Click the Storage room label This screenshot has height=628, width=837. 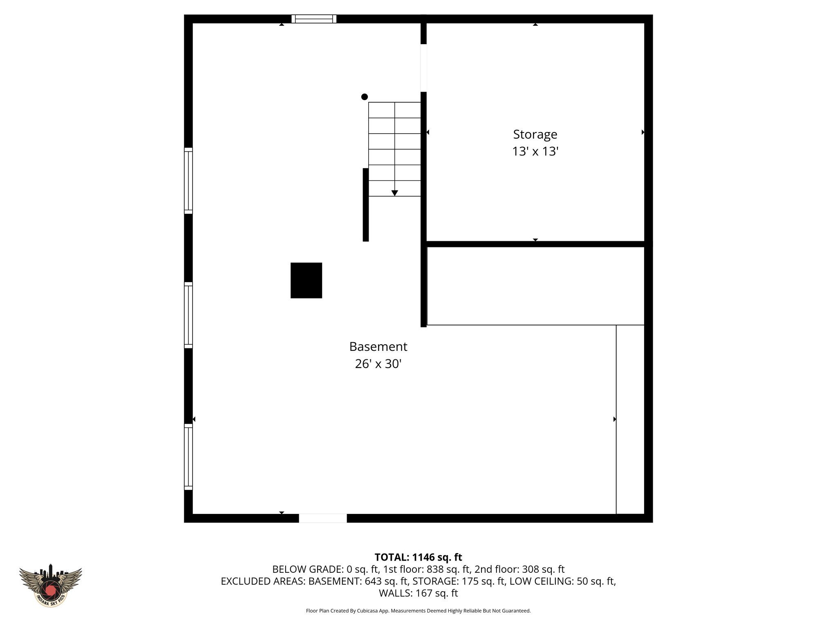pyautogui.click(x=535, y=134)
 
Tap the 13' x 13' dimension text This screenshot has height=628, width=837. pyautogui.click(x=535, y=152)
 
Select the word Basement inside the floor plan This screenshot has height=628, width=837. pyautogui.click(x=378, y=347)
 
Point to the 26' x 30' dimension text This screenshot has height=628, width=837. pyautogui.click(x=378, y=364)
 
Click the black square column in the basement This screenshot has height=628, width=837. pyautogui.click(x=306, y=280)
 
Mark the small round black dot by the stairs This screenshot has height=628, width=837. pyautogui.click(x=365, y=97)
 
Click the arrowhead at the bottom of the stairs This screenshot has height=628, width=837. pyautogui.click(x=395, y=193)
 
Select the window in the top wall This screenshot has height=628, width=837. pyautogui.click(x=314, y=19)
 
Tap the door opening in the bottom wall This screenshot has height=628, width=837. pyautogui.click(x=323, y=518)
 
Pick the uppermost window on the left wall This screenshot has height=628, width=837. pyautogui.click(x=188, y=181)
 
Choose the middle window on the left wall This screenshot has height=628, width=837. pyautogui.click(x=188, y=315)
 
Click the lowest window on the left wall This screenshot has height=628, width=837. pyautogui.click(x=188, y=457)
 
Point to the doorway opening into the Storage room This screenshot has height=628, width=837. pyautogui.click(x=424, y=68)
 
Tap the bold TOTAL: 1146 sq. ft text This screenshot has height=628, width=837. pyautogui.click(x=418, y=557)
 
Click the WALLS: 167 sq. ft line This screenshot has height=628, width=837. pyautogui.click(x=418, y=593)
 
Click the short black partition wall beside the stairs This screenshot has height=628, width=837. pyautogui.click(x=366, y=204)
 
